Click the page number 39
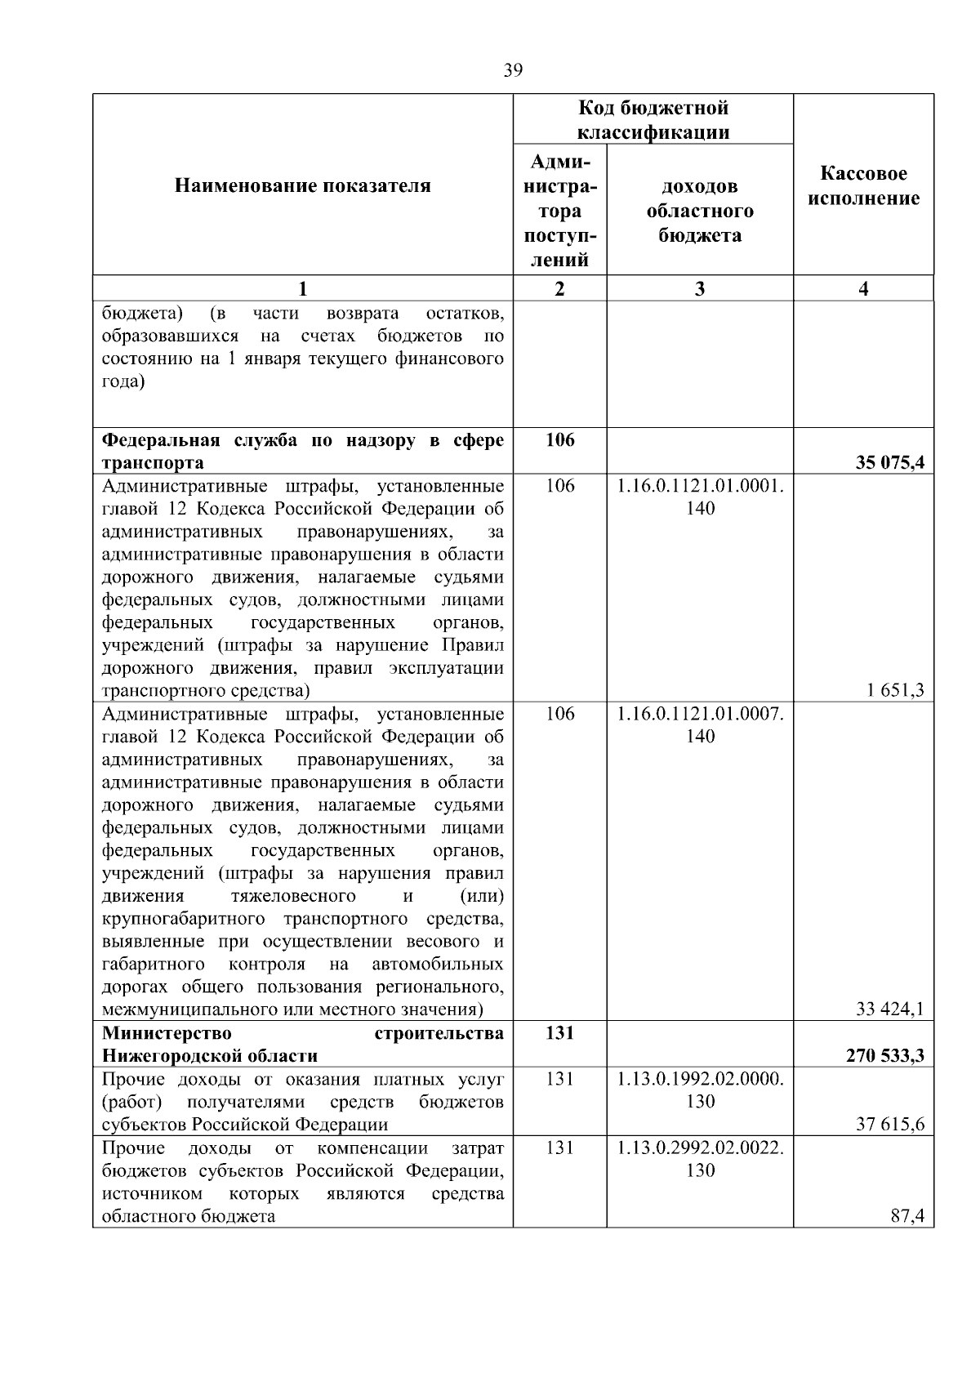coord(513,70)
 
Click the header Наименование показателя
coord(302,185)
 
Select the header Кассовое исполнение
coord(863,185)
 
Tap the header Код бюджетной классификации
coord(653,120)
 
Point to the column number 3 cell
coord(699,288)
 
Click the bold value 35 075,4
coord(889,463)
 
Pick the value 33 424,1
coord(889,1009)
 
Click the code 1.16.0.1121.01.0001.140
coord(700,497)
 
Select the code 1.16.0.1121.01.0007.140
coord(700,724)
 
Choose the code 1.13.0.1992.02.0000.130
coord(700,1090)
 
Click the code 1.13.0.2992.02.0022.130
coord(700,1158)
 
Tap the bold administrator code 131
coord(559,1032)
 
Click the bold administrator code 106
coord(559,440)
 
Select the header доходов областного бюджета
coord(699,211)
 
